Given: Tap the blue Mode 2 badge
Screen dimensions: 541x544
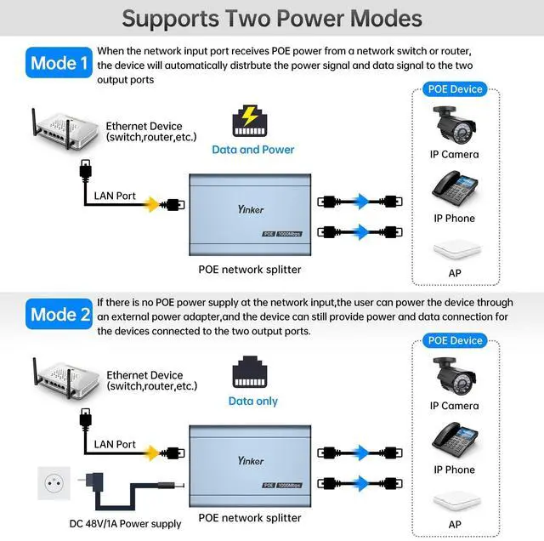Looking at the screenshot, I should pos(59,315).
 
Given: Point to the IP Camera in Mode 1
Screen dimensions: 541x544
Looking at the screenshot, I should pos(454,125).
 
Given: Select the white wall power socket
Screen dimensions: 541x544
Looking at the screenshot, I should pos(56,487).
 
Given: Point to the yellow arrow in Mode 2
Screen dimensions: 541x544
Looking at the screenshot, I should pos(152,453).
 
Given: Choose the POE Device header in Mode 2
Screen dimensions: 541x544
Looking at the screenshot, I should pos(455,341).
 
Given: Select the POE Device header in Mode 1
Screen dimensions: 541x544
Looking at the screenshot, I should pos(455,89).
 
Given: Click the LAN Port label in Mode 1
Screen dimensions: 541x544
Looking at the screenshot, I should pos(115,196).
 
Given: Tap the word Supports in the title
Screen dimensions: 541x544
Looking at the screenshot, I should pos(171,18).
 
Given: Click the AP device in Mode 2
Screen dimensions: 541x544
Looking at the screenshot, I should pos(454,500).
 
